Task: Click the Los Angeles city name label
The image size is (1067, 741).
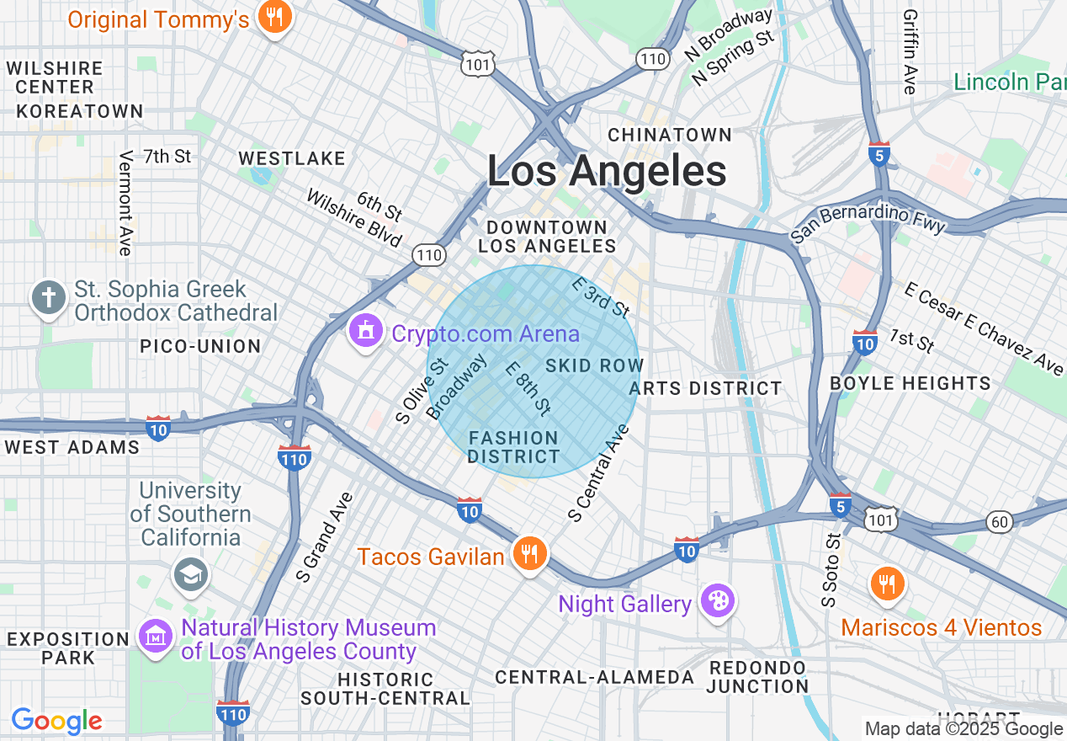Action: (x=607, y=172)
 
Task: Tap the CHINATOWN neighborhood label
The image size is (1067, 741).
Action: (x=670, y=135)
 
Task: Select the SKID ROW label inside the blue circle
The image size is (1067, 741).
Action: (x=594, y=365)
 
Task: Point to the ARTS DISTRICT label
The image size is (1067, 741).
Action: (x=705, y=388)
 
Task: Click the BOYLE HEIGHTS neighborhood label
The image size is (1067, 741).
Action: (x=910, y=383)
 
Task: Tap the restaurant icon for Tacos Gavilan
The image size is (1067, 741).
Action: (x=528, y=554)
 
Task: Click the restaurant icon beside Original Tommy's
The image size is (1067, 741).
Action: (x=274, y=17)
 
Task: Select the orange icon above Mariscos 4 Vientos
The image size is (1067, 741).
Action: (x=887, y=584)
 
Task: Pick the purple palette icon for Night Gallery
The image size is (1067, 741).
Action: (x=719, y=601)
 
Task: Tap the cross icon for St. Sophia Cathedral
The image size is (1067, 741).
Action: (x=49, y=298)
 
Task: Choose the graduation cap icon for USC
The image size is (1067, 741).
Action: (x=190, y=575)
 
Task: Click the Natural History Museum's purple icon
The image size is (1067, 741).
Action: (x=156, y=638)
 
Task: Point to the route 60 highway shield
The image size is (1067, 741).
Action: (x=999, y=522)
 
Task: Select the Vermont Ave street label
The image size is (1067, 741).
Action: (x=126, y=203)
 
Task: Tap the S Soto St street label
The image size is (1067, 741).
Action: (x=831, y=570)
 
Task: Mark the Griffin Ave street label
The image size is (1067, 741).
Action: (x=910, y=51)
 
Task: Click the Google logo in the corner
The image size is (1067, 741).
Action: (x=56, y=721)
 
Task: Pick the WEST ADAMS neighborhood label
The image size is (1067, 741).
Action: (x=72, y=447)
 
